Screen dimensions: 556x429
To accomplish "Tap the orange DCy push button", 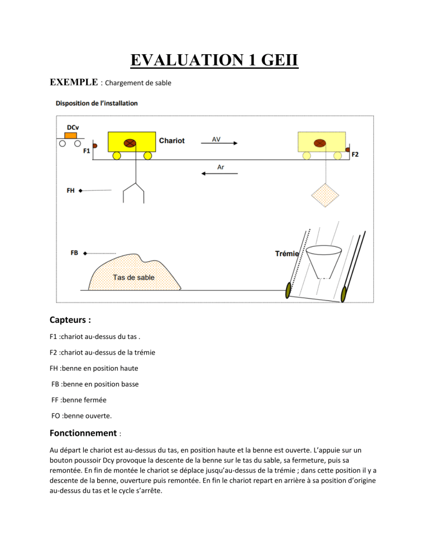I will (x=70, y=135).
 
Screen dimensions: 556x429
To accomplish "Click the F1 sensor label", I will (x=87, y=150).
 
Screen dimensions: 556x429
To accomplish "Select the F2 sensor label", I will (x=355, y=154).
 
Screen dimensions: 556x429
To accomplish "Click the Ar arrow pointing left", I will (x=219, y=173).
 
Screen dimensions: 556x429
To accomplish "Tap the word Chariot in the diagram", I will (x=171, y=140).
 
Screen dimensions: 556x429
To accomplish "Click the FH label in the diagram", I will (x=71, y=190).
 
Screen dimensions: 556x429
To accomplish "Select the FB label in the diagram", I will (x=75, y=253).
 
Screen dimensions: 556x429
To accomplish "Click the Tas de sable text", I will (x=134, y=277).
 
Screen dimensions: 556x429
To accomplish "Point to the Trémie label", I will (x=287, y=253).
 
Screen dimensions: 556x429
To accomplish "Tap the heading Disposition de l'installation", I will (x=97, y=103).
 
